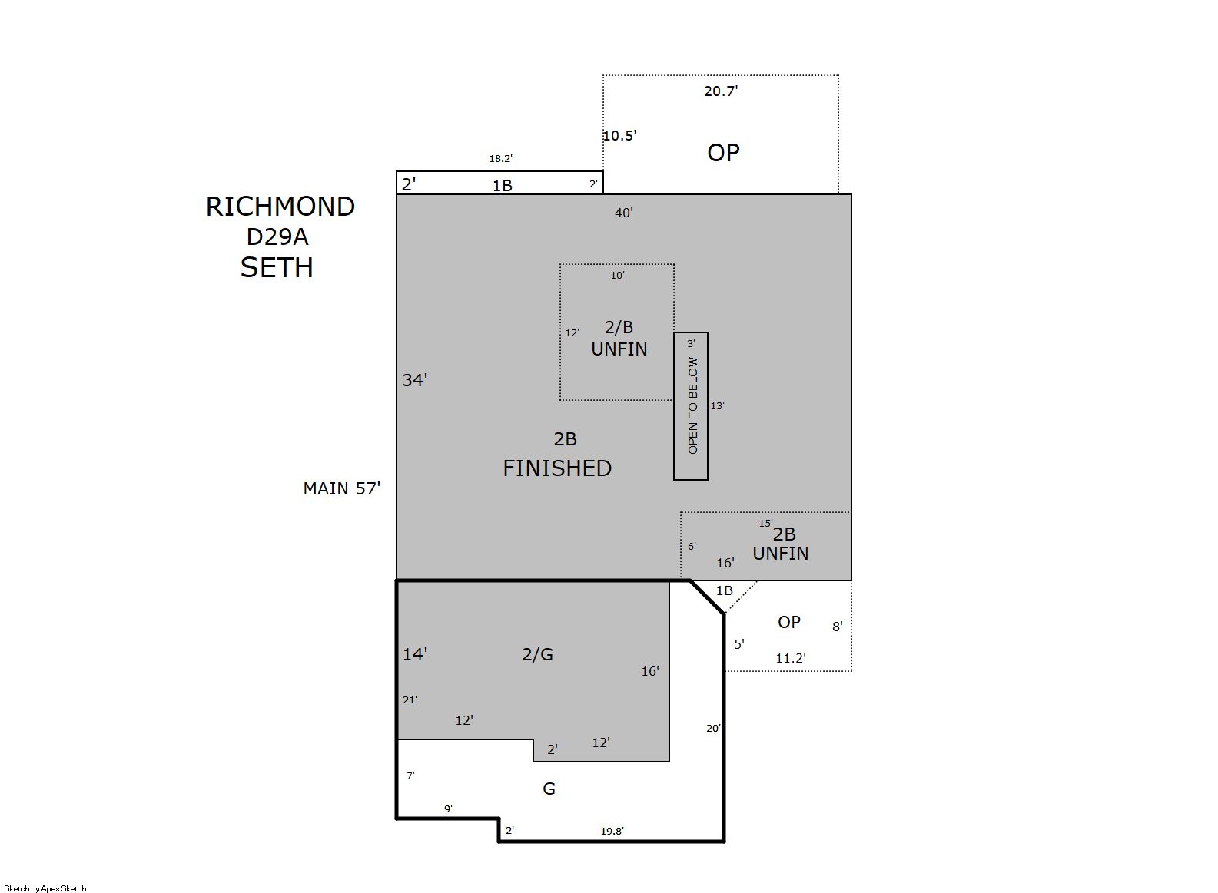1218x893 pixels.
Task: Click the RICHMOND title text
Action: pyautogui.click(x=280, y=207)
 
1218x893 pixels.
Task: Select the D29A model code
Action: pyautogui.click(x=277, y=236)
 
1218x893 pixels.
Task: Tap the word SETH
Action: pyautogui.click(x=277, y=267)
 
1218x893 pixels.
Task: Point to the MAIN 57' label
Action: pyautogui.click(x=341, y=489)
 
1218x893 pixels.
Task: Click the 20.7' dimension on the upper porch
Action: pyautogui.click(x=721, y=91)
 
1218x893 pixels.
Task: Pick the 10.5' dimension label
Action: pyautogui.click(x=620, y=135)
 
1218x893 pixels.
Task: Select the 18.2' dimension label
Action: pyautogui.click(x=501, y=159)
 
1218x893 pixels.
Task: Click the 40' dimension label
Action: pyautogui.click(x=624, y=213)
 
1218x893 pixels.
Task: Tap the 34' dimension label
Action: pyautogui.click(x=415, y=380)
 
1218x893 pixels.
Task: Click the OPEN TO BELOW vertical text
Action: pyautogui.click(x=692, y=405)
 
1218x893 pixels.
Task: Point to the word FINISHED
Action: pyautogui.click(x=557, y=468)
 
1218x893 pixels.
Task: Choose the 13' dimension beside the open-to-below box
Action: pyautogui.click(x=717, y=405)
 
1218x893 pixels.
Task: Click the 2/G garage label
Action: pyautogui.click(x=538, y=654)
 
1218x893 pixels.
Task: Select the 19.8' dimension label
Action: pyautogui.click(x=612, y=831)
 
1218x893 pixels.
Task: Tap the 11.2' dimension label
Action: pyautogui.click(x=791, y=658)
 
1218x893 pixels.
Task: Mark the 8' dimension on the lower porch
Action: pyautogui.click(x=838, y=627)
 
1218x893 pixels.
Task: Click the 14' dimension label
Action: pyautogui.click(x=415, y=654)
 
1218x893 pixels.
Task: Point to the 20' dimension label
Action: pyautogui.click(x=713, y=729)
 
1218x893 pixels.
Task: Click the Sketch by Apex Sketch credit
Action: pyautogui.click(x=45, y=888)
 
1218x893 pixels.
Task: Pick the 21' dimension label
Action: pyautogui.click(x=410, y=700)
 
